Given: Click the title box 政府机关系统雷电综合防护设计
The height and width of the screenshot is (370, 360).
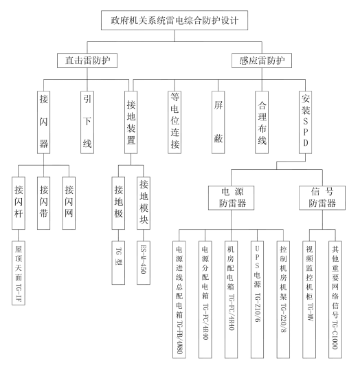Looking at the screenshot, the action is [x=175, y=21].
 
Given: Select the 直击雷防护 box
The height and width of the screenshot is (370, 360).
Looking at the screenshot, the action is [x=87, y=61].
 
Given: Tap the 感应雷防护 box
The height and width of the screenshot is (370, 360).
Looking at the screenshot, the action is [x=262, y=61].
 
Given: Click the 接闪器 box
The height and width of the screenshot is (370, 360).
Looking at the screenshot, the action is [x=43, y=122].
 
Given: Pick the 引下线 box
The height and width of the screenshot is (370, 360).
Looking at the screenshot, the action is [x=87, y=122].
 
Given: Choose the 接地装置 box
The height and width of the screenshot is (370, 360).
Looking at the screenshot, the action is [x=131, y=122].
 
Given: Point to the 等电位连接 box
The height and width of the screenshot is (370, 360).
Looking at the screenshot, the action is [x=175, y=122].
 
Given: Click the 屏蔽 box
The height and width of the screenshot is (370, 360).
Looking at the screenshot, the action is [x=218, y=122].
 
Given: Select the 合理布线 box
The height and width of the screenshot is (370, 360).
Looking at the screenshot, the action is [x=262, y=122].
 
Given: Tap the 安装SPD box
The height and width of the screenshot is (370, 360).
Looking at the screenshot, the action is [x=305, y=122].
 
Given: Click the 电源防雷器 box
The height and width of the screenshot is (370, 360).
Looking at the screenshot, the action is [x=231, y=198].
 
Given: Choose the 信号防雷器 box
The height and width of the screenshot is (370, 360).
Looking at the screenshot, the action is [x=322, y=198].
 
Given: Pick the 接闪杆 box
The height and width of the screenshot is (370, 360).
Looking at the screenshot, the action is [x=19, y=203].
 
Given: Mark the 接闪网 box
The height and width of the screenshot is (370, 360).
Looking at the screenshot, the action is [x=69, y=203].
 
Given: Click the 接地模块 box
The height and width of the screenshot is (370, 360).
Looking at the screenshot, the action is [x=144, y=203].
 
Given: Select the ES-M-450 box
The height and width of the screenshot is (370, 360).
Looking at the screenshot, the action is [x=144, y=263].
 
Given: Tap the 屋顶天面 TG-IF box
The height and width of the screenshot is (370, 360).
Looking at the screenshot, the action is [x=19, y=273].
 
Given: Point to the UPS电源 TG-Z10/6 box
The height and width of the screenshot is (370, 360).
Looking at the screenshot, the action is [x=257, y=299].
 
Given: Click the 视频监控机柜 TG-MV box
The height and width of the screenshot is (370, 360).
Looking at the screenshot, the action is [x=309, y=299].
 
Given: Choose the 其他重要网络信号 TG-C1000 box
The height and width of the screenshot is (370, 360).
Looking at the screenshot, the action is [x=335, y=299].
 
